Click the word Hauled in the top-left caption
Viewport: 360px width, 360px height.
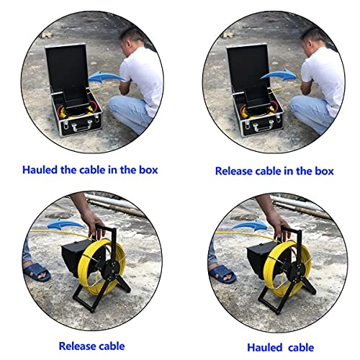[40, 170]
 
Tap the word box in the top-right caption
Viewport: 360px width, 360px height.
[324, 171]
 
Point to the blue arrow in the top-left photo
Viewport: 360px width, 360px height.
[106, 77]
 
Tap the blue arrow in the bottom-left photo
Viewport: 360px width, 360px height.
[66, 225]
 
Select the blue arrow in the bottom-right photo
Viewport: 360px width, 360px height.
[250, 225]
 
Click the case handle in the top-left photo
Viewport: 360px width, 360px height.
[83, 126]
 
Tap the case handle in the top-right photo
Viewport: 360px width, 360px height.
[264, 126]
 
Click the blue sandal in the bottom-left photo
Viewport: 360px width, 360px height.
[37, 272]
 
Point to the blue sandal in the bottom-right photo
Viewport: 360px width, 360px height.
[222, 274]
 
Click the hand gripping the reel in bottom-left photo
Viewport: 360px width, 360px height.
[94, 225]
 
